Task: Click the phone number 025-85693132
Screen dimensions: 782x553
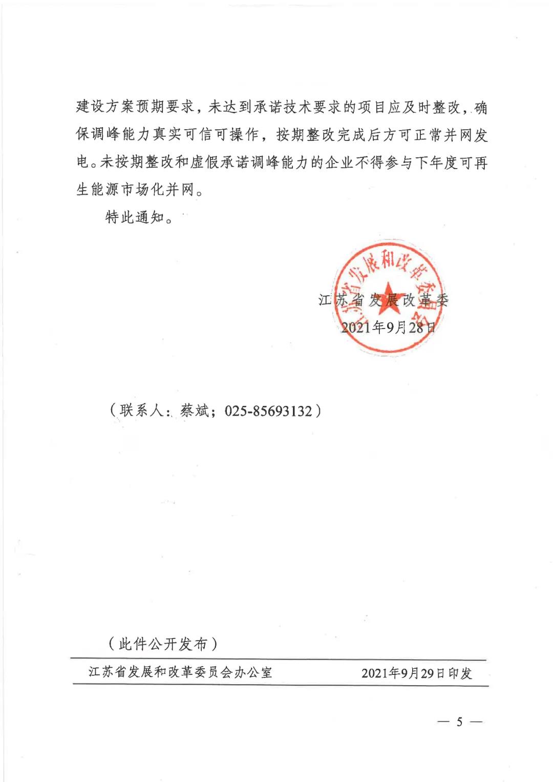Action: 268,411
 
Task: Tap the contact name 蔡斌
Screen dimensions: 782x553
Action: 194,410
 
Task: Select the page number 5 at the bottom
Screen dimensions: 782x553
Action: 459,722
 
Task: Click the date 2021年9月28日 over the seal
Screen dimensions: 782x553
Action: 388,327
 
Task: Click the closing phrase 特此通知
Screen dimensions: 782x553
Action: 134,217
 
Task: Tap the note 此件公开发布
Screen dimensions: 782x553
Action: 163,644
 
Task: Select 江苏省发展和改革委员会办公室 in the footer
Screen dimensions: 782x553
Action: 180,672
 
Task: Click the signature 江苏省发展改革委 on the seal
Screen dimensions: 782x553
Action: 383,300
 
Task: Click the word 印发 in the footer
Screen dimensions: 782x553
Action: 460,673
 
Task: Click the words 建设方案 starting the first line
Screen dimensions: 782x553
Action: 105,107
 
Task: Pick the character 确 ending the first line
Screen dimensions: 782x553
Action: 480,108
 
